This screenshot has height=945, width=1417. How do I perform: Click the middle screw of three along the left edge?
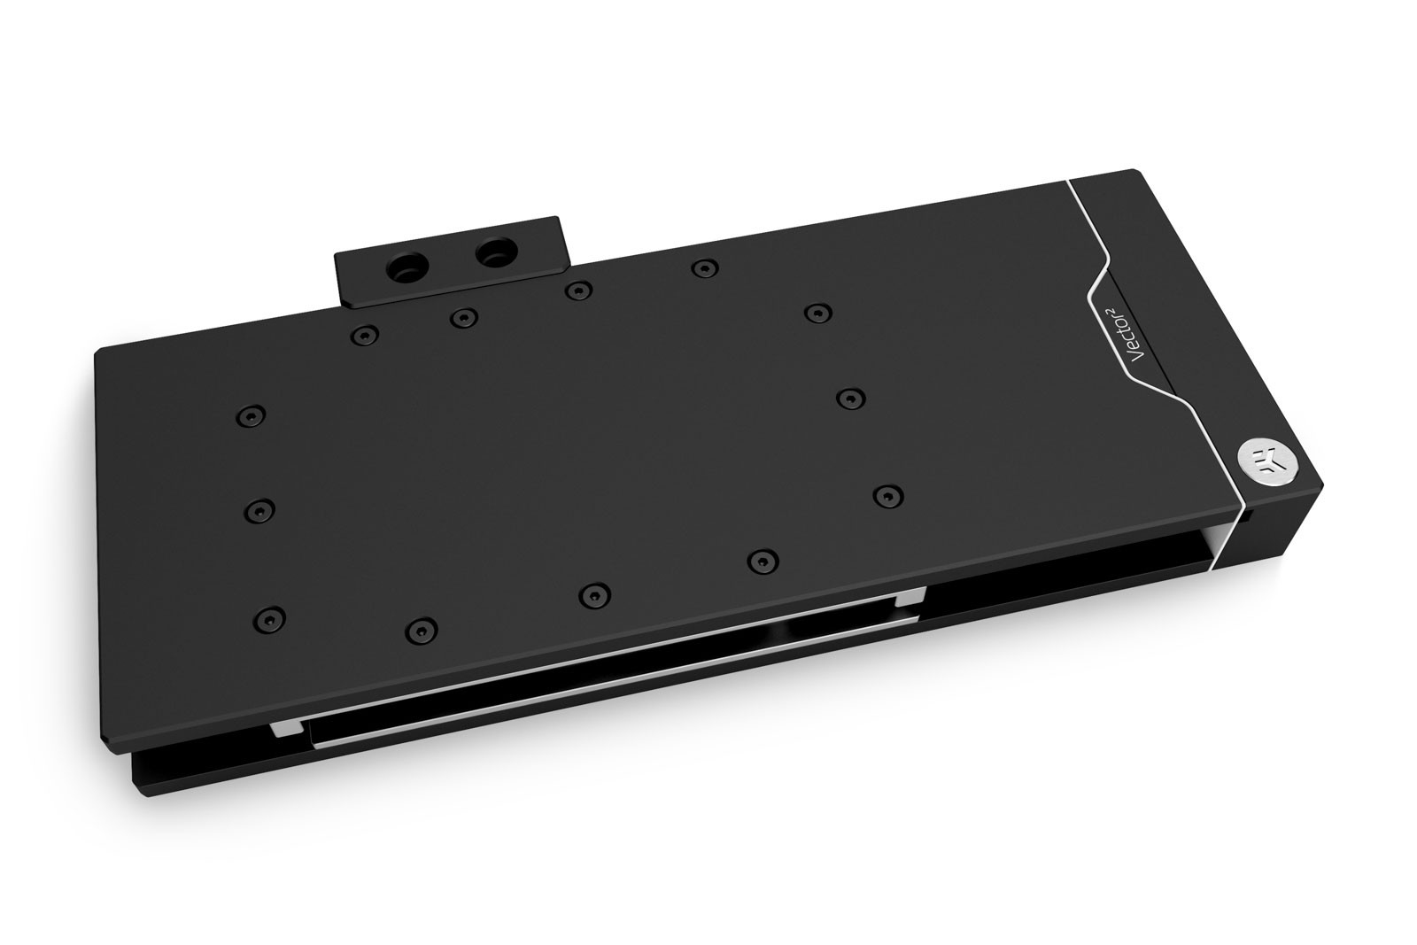coord(257,510)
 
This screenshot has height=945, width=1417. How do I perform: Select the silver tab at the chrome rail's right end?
coord(909,599)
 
